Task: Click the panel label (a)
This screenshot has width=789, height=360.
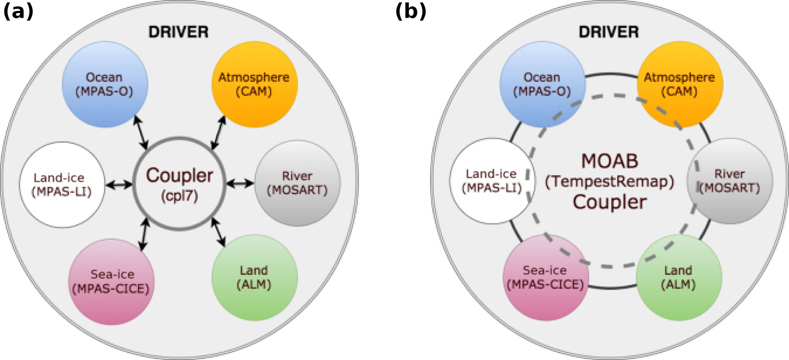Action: [x=18, y=11]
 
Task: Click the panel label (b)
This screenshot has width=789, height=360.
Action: [x=411, y=11]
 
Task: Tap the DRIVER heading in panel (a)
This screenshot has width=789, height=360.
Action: [x=178, y=32]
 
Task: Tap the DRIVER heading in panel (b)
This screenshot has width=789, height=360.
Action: [x=608, y=32]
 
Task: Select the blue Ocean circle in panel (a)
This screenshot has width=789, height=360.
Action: [x=105, y=84]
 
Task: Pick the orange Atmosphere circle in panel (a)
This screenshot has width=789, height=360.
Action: [x=255, y=84]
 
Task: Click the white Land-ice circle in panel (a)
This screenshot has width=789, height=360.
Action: [x=62, y=185]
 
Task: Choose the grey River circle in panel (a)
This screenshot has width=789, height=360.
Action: [x=297, y=183]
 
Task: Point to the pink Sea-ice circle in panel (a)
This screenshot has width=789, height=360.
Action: [x=111, y=282]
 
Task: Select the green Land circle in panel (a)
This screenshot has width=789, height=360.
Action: [x=255, y=278]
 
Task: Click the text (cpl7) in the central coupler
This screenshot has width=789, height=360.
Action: [x=179, y=196]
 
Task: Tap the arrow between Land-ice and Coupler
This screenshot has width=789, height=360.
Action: [x=119, y=185]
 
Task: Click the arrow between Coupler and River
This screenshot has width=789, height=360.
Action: [x=240, y=184]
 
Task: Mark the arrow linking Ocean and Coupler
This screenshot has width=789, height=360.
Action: [x=140, y=133]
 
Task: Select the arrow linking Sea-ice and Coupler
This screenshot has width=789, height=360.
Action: [x=144, y=234]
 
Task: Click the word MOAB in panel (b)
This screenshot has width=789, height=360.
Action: [x=610, y=161]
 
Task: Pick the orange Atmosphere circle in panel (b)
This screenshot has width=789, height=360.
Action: [x=680, y=84]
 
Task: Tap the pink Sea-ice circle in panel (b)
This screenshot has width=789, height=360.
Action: [x=545, y=278]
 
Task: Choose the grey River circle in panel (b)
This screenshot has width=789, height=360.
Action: [x=729, y=181]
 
